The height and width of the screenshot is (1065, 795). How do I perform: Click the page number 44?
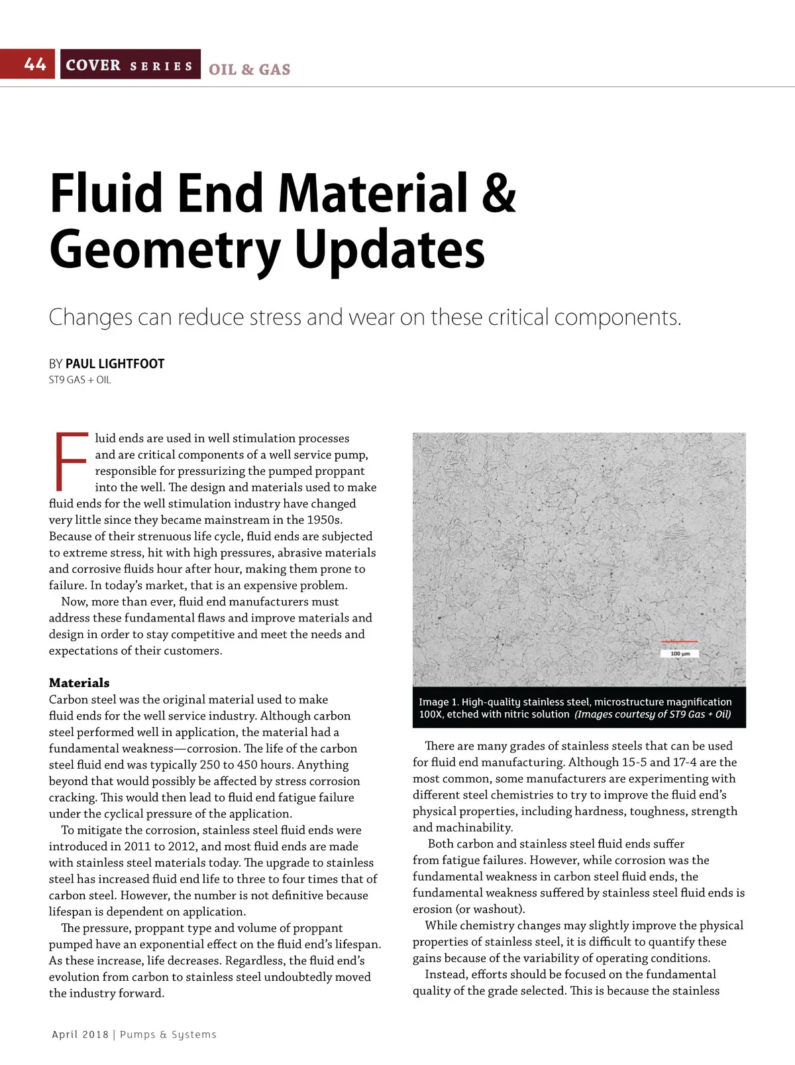35,64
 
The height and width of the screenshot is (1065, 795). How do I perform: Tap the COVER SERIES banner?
130,65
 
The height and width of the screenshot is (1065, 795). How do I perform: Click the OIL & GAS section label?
249,70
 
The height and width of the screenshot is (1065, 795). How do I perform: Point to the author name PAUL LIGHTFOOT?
115,363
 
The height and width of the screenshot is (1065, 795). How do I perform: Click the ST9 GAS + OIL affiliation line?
80,380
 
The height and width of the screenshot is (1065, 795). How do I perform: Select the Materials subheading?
79,682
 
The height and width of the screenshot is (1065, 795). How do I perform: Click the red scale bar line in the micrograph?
680,642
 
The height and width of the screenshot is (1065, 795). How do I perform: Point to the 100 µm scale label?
680,654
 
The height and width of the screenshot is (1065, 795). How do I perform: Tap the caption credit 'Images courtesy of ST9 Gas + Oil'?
653,714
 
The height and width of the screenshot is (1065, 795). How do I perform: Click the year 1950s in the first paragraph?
323,520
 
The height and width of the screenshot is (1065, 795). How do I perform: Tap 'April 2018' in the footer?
80,1034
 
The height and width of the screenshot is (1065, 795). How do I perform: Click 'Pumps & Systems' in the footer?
168,1034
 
